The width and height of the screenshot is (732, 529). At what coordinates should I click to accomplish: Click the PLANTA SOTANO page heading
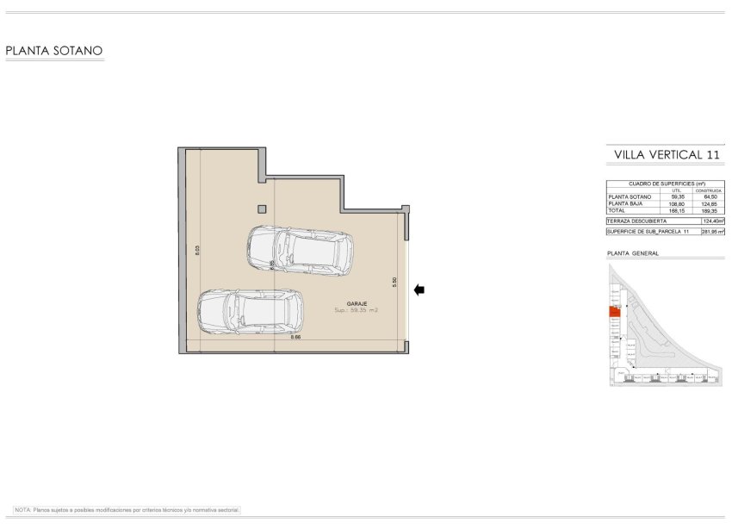coord(54,51)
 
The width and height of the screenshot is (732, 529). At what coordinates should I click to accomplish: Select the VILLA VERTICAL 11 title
coord(666,154)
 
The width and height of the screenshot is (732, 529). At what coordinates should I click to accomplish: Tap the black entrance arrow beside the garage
coord(419,290)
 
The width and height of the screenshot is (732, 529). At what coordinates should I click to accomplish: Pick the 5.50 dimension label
coord(394,281)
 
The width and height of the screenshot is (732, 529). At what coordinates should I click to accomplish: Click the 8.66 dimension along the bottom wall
coord(295,337)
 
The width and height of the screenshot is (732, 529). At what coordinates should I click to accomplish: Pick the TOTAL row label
coord(617,210)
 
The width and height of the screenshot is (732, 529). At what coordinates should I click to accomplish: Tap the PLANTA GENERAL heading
coord(633,253)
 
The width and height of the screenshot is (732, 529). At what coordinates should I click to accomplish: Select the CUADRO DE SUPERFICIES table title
coord(667,184)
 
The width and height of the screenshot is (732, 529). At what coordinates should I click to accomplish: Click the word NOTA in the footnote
coord(23,510)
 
